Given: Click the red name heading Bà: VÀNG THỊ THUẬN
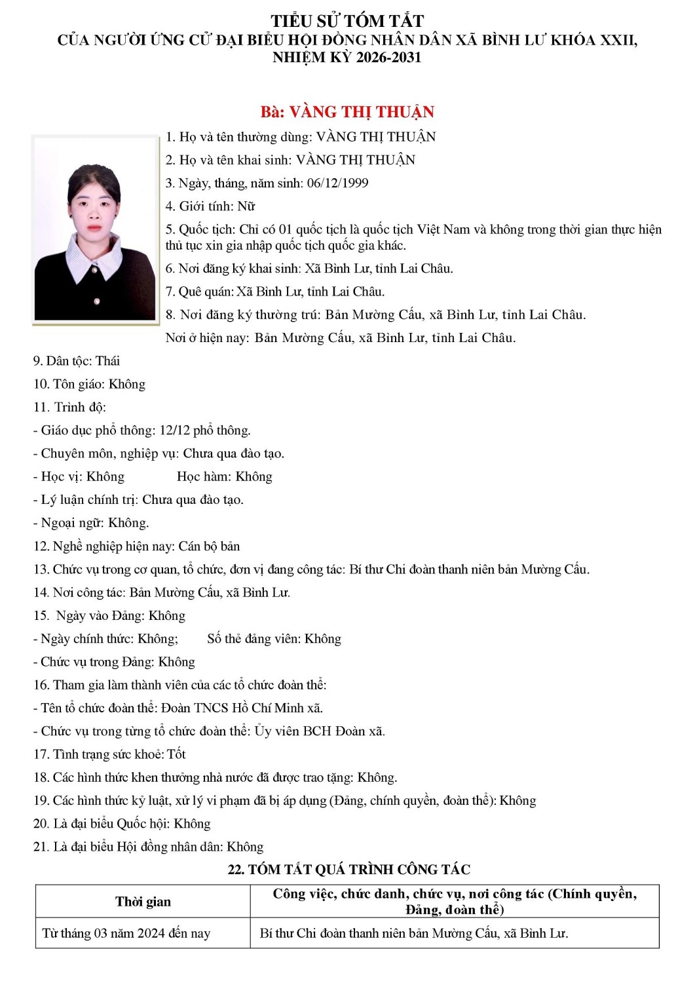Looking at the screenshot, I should (347, 112).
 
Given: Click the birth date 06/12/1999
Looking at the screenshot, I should (337, 183).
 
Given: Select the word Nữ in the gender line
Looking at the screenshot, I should (246, 206).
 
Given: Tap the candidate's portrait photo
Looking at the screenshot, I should (96, 229).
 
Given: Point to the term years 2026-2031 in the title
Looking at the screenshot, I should (388, 58).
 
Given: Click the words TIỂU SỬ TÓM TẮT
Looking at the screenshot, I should (347, 21).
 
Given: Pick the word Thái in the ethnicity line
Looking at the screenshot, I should (107, 361).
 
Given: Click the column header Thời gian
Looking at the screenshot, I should (143, 902).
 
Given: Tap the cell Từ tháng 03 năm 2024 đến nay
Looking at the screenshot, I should (126, 933).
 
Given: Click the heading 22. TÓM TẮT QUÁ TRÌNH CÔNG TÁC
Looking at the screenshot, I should (348, 870).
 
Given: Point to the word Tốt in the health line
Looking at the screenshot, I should (176, 754).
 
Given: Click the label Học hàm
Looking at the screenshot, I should (202, 477).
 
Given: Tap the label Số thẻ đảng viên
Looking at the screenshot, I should (254, 639).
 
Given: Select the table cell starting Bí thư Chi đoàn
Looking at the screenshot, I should (413, 933).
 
